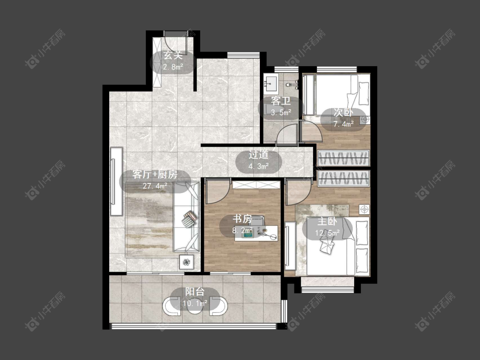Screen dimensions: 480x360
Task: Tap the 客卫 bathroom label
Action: [281, 101]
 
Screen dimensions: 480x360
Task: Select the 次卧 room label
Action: [343, 112]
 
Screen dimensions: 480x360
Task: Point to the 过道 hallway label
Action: [259, 154]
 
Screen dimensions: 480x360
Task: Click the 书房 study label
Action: [242, 219]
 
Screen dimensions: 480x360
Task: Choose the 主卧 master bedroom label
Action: [327, 221]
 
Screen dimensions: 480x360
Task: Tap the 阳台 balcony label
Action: [195, 291]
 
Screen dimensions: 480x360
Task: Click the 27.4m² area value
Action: [155, 186]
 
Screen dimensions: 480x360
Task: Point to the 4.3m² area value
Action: [259, 166]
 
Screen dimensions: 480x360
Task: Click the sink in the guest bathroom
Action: [271, 83]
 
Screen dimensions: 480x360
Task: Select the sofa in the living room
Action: [186, 217]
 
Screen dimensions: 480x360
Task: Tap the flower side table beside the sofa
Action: [186, 262]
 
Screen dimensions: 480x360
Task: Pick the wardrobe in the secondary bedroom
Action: [343, 158]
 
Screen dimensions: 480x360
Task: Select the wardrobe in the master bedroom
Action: [343, 178]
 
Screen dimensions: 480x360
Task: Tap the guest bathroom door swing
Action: [287, 134]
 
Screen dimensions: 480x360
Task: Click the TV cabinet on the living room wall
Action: [116, 182]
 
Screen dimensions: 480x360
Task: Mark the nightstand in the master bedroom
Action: [364, 209]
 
